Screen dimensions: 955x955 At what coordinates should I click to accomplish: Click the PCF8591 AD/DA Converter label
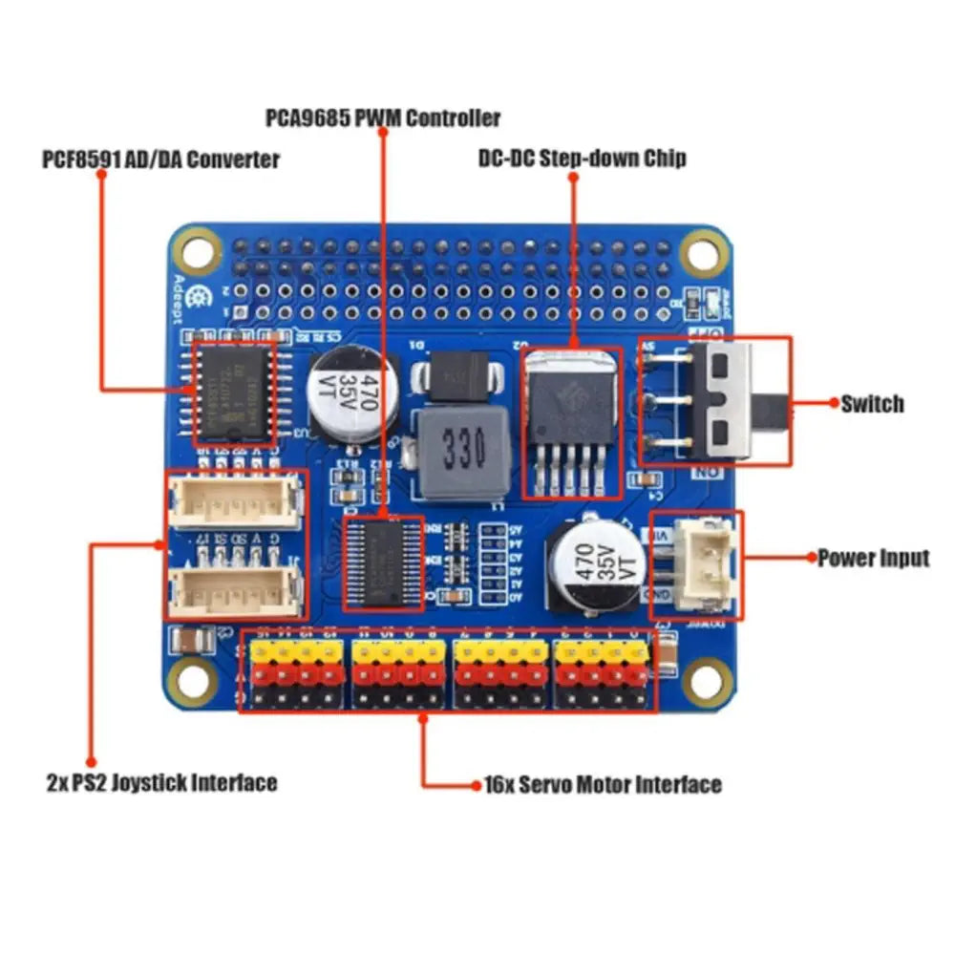pos(160,159)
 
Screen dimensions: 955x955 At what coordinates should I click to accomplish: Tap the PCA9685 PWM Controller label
pos(382,118)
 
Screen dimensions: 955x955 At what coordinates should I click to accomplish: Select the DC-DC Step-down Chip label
pos(582,158)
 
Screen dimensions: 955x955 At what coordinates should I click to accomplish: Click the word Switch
pos(871,404)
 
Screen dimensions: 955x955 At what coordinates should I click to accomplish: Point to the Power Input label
pos(873,558)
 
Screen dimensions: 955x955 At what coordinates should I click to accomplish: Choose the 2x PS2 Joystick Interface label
pos(161,783)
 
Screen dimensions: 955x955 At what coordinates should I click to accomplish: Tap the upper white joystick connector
pos(235,499)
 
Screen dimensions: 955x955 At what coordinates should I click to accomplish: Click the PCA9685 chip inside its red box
pos(383,562)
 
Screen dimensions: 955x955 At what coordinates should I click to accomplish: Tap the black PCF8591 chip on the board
pos(235,394)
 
